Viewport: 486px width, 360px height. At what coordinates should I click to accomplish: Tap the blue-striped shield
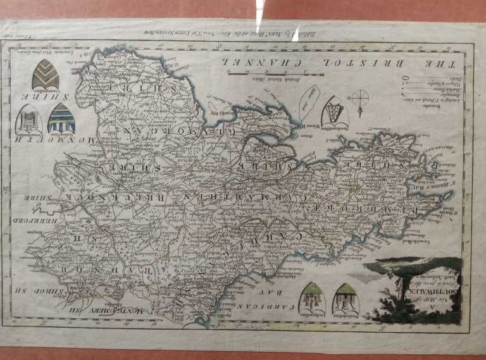coord(61,118)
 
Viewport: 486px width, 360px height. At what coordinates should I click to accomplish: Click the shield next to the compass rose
coord(334,111)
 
